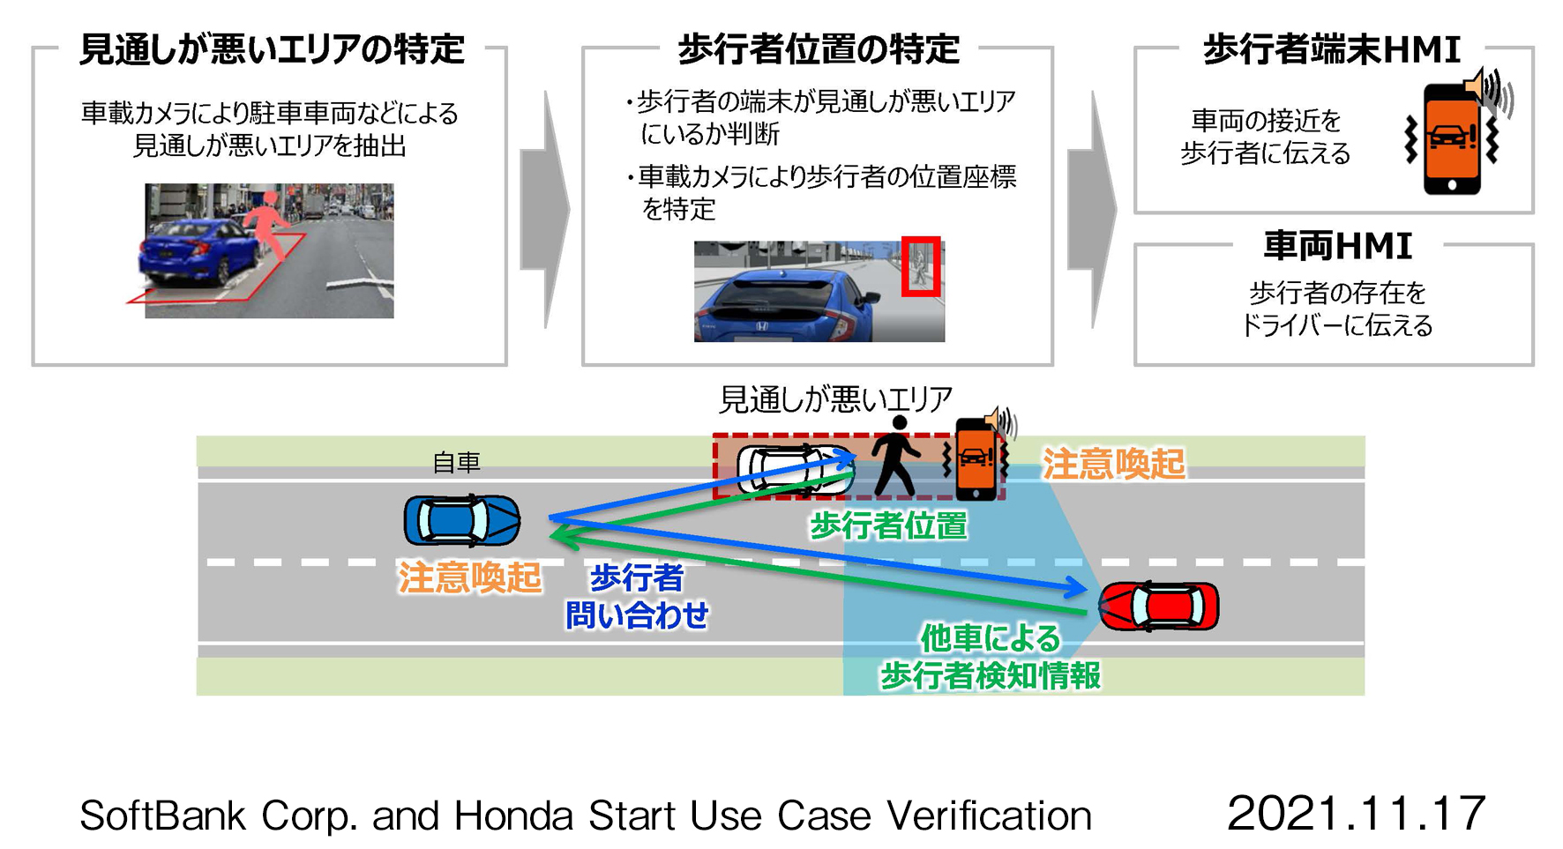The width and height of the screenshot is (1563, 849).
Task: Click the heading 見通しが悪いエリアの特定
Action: (272, 49)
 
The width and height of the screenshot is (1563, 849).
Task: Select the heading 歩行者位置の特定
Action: (818, 49)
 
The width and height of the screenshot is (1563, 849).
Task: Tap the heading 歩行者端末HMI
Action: (1331, 49)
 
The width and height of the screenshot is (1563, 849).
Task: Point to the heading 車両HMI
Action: (1337, 246)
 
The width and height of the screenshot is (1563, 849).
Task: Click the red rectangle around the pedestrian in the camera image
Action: (921, 266)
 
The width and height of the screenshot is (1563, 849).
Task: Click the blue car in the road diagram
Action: (461, 520)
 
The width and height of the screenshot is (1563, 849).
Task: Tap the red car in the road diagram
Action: (1159, 607)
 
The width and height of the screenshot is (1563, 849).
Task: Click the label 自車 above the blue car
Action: (456, 463)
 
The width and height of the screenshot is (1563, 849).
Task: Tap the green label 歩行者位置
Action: (888, 526)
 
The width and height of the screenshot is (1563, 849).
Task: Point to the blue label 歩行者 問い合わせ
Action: (636, 596)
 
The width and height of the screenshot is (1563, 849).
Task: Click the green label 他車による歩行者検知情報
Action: (991, 657)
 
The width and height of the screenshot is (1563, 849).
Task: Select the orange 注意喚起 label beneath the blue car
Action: (469, 578)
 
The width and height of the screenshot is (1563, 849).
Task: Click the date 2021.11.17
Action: (1356, 813)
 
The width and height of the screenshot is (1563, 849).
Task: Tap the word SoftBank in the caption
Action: (162, 815)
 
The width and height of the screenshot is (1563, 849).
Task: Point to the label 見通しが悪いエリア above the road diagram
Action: (834, 399)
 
